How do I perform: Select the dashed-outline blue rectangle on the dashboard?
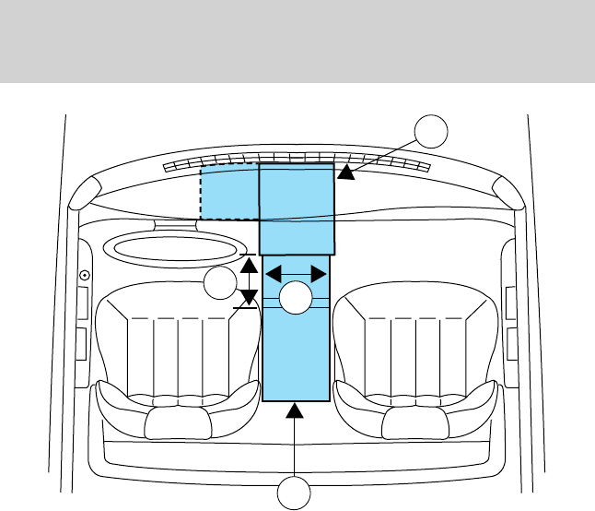pyautogui.click(x=229, y=192)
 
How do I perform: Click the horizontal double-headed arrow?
pyautogui.click(x=296, y=273)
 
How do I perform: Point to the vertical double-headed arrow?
pyautogui.click(x=248, y=281)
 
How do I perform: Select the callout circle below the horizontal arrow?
pyautogui.click(x=297, y=299)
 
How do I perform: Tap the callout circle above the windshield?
pyautogui.click(x=430, y=132)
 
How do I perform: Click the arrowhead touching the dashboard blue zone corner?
pyautogui.click(x=344, y=172)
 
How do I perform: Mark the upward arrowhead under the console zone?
pyautogui.click(x=296, y=411)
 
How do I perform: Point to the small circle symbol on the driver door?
pyautogui.click(x=85, y=275)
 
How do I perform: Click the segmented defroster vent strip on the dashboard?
pyautogui.click(x=296, y=160)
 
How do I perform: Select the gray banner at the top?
pyautogui.click(x=297, y=42)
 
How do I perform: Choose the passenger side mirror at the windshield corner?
pyautogui.click(x=507, y=192)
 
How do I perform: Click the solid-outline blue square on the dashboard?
pyautogui.click(x=296, y=209)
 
